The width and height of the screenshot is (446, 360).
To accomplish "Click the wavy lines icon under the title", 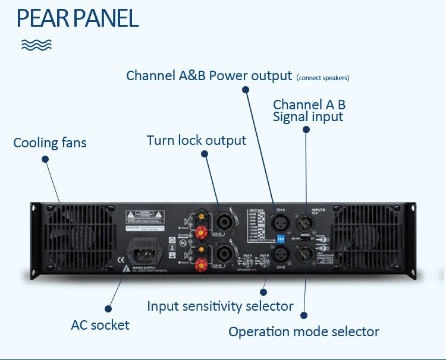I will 36,45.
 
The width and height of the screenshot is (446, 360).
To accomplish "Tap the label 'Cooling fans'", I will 50,143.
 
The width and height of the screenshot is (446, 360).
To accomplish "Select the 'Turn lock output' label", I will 196,141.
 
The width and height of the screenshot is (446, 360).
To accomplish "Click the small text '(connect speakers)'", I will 322,78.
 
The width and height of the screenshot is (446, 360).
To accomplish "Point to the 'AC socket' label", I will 100,325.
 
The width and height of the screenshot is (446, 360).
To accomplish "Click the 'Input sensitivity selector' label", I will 220,306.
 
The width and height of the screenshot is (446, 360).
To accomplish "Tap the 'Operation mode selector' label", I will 304,331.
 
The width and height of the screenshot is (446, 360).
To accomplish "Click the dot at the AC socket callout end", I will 108,308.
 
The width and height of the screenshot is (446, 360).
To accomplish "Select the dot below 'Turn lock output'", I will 205,154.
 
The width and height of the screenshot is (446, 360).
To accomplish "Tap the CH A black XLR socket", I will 280,223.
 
